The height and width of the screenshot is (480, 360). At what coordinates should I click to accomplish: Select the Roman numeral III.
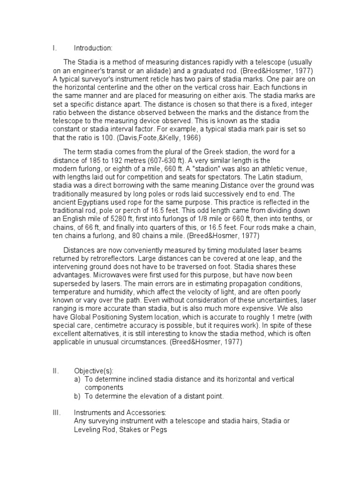tap(55, 412)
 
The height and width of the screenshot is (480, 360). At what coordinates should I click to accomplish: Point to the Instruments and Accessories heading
tap(120, 412)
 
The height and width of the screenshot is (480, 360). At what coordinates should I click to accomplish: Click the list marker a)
tap(78, 379)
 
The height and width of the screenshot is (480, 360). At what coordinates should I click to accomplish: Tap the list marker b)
tap(78, 396)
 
